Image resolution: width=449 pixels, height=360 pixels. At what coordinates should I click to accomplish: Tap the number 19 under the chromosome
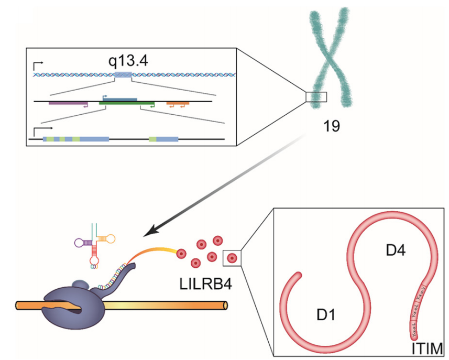tap(332, 126)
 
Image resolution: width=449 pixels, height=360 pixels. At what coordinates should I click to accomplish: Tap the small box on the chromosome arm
tap(316, 97)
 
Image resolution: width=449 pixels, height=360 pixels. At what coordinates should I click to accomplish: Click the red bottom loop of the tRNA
tap(94, 259)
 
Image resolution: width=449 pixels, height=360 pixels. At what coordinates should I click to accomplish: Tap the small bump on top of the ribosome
tap(79, 285)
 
